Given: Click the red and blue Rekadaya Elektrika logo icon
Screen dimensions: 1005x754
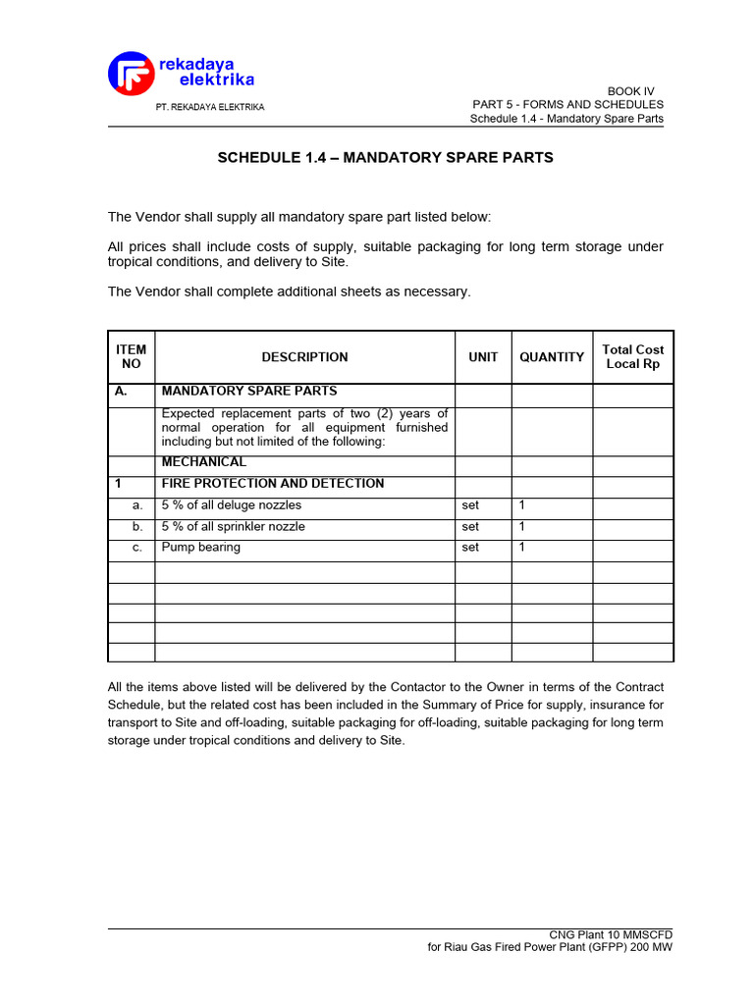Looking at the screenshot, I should [131, 75].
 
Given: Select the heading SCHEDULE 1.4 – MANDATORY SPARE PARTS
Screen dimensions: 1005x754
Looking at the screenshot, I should [385, 157].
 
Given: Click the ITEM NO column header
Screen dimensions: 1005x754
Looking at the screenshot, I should [131, 356].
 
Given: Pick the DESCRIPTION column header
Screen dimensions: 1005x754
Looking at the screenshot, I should [304, 357].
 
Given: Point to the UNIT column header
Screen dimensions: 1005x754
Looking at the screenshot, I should [483, 357].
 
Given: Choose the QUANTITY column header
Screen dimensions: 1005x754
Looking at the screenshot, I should [552, 357].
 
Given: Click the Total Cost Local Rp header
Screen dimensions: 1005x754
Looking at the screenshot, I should [633, 356].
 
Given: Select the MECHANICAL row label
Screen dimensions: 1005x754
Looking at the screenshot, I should [204, 462].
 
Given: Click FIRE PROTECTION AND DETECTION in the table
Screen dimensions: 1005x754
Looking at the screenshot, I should [273, 484].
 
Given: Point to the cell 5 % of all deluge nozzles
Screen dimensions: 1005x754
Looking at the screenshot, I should [232, 505].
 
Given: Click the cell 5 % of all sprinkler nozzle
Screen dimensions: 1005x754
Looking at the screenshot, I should [234, 526].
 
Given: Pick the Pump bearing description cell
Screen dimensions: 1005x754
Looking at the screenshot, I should [201, 547].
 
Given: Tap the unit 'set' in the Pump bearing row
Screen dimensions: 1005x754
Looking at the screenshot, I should [470, 548].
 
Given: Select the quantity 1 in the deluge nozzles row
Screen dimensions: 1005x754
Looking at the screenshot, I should [522, 505].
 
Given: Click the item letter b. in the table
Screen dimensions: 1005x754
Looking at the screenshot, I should [138, 526].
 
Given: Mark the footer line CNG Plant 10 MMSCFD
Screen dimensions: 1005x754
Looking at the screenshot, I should [611, 934].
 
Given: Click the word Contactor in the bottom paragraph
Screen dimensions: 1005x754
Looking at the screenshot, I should [416, 687].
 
